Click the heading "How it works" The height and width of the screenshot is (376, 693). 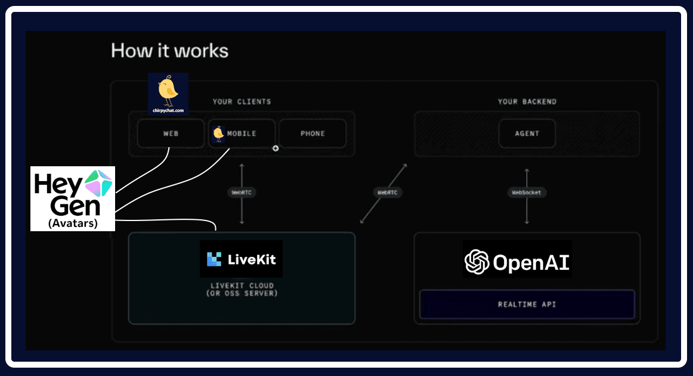click(x=169, y=51)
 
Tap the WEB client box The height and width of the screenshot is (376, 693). click(x=171, y=133)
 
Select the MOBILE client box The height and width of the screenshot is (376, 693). click(x=242, y=133)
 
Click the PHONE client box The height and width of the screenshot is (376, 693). click(x=313, y=133)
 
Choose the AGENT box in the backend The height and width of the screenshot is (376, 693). click(x=527, y=133)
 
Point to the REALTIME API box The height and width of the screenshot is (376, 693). click(x=527, y=304)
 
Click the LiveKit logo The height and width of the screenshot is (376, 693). click(x=241, y=259)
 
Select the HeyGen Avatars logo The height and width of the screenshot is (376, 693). click(x=73, y=198)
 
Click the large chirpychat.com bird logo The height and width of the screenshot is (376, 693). click(x=168, y=93)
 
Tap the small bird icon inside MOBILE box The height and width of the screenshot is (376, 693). click(x=218, y=134)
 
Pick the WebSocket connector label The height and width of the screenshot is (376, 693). click(x=527, y=192)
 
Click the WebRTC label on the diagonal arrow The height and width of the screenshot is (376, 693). click(x=387, y=192)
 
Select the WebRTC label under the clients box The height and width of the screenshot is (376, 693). click(x=242, y=192)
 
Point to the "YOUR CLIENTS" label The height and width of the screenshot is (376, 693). click(x=242, y=102)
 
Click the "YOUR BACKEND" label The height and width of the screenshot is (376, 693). click(x=527, y=102)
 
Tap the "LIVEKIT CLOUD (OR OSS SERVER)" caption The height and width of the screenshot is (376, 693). click(x=242, y=289)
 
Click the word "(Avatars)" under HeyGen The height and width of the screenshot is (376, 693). click(x=73, y=225)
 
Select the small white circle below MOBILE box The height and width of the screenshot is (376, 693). click(x=276, y=148)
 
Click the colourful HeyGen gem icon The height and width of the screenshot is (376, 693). click(x=98, y=182)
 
